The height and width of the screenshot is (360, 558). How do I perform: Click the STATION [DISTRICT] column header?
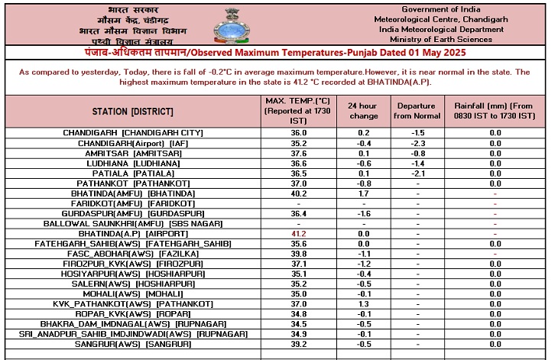tap(133, 111)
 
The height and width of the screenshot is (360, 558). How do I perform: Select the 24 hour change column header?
tap(363, 111)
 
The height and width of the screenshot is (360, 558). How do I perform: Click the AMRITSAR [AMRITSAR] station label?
tap(133, 153)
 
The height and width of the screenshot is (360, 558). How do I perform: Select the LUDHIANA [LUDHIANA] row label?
tap(133, 164)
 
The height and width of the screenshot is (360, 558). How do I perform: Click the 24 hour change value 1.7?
tap(363, 194)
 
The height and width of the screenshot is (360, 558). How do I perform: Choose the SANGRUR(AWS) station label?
tap(133, 345)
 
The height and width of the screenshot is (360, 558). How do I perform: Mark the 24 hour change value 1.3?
tap(363, 303)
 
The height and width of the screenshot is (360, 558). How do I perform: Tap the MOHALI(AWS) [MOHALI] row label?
tap(133, 294)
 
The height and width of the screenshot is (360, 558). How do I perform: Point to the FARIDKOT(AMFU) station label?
tap(133, 204)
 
